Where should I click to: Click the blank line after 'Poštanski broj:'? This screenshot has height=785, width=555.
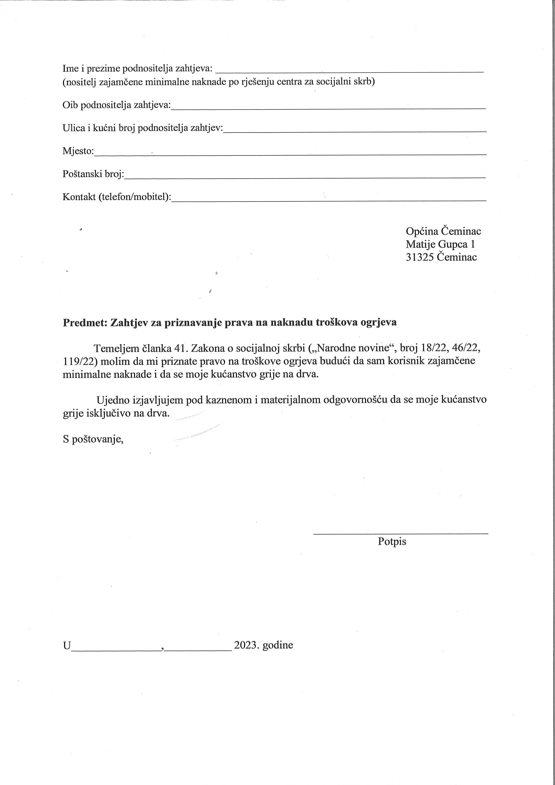(305, 177)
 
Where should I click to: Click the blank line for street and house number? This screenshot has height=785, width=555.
(354, 130)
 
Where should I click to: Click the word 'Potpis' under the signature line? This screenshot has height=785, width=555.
(392, 541)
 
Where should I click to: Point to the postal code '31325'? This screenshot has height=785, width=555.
(420, 257)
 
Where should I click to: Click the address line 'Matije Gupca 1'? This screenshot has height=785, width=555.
(440, 244)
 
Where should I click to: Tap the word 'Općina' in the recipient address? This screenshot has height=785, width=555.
(422, 231)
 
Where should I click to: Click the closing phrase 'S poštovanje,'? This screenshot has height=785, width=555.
(93, 439)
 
